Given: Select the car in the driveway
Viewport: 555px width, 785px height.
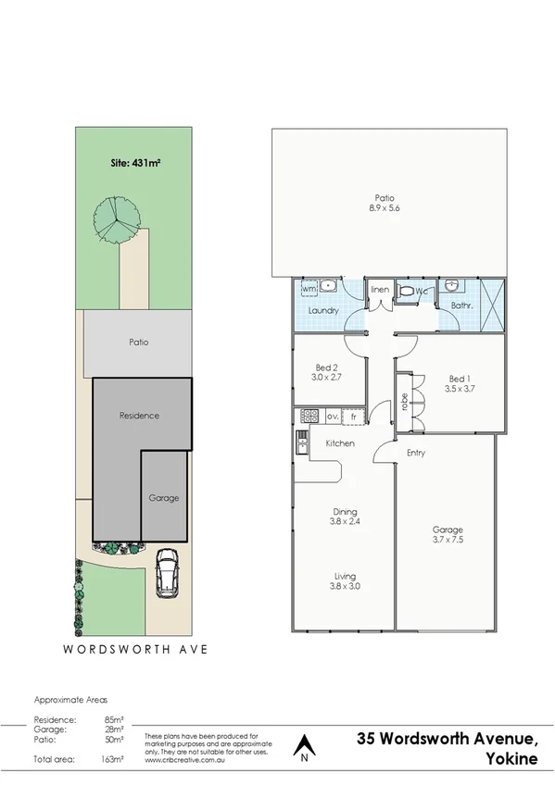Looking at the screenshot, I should coord(168,573).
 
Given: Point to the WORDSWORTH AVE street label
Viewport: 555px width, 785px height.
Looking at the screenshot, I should coord(135,649).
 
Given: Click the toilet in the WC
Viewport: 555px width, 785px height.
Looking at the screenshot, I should coord(405,293).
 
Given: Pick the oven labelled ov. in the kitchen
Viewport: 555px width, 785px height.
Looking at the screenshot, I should coord(331,417).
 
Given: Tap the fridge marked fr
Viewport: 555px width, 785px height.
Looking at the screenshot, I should coord(353,417).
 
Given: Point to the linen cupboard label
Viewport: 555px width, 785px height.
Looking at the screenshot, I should coord(379,291).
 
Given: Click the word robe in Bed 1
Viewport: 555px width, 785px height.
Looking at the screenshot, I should coord(404,402).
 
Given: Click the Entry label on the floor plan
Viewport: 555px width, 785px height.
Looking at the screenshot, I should coord(416,453).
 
